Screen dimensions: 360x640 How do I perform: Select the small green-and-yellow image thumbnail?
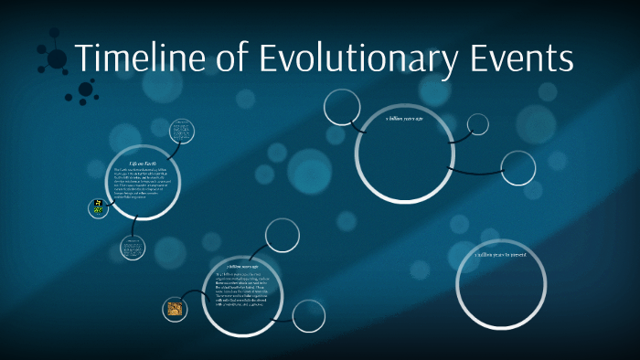tap(97, 207)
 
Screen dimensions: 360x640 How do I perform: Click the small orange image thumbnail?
tap(175, 309)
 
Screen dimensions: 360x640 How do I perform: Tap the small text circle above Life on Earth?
tap(182, 132)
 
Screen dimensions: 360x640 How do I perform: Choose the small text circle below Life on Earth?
tap(133, 248)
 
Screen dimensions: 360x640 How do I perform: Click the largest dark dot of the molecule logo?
tap(57, 59)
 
